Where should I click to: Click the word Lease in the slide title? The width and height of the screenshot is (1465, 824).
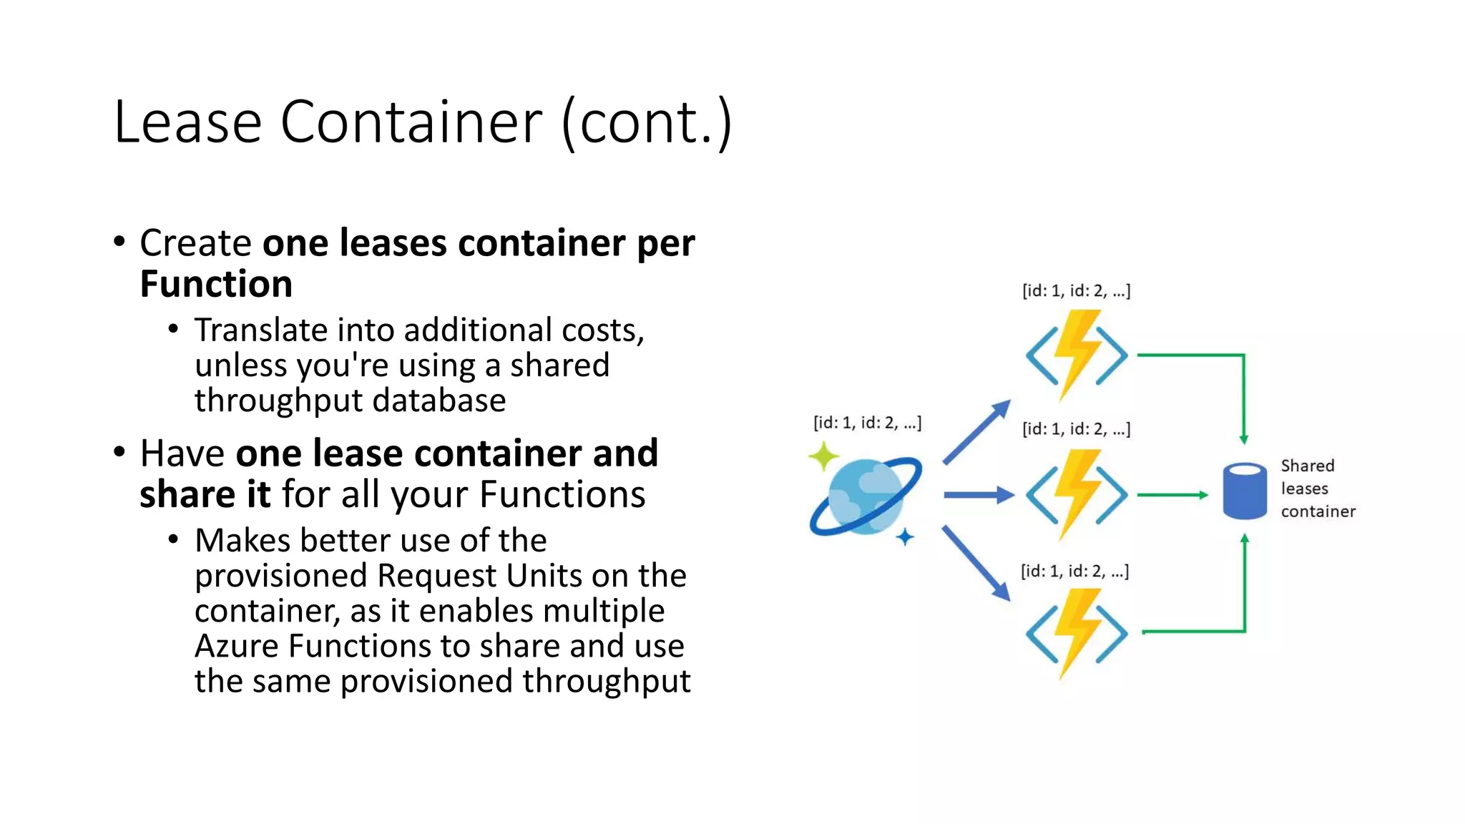tap(188, 122)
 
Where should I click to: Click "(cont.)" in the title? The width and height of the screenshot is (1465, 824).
tap(647, 122)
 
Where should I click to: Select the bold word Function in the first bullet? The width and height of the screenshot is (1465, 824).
tap(216, 284)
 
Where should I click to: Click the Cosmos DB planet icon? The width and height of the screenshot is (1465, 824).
tap(866, 496)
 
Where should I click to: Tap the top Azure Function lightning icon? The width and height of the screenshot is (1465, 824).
tap(1077, 355)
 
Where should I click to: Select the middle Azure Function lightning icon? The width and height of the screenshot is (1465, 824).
tap(1077, 494)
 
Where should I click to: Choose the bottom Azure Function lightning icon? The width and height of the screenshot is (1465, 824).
tap(1077, 633)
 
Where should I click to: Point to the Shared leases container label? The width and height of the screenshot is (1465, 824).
tap(1317, 489)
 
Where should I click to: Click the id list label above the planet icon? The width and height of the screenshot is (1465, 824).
tap(867, 423)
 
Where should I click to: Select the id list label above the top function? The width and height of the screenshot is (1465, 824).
tap(1076, 291)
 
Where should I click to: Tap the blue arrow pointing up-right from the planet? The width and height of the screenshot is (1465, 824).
tap(976, 433)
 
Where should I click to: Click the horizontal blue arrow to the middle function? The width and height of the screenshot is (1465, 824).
tap(978, 494)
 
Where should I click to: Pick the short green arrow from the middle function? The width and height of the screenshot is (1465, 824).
tap(1172, 494)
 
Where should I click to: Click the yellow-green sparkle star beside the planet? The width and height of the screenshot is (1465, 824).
tap(824, 456)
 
